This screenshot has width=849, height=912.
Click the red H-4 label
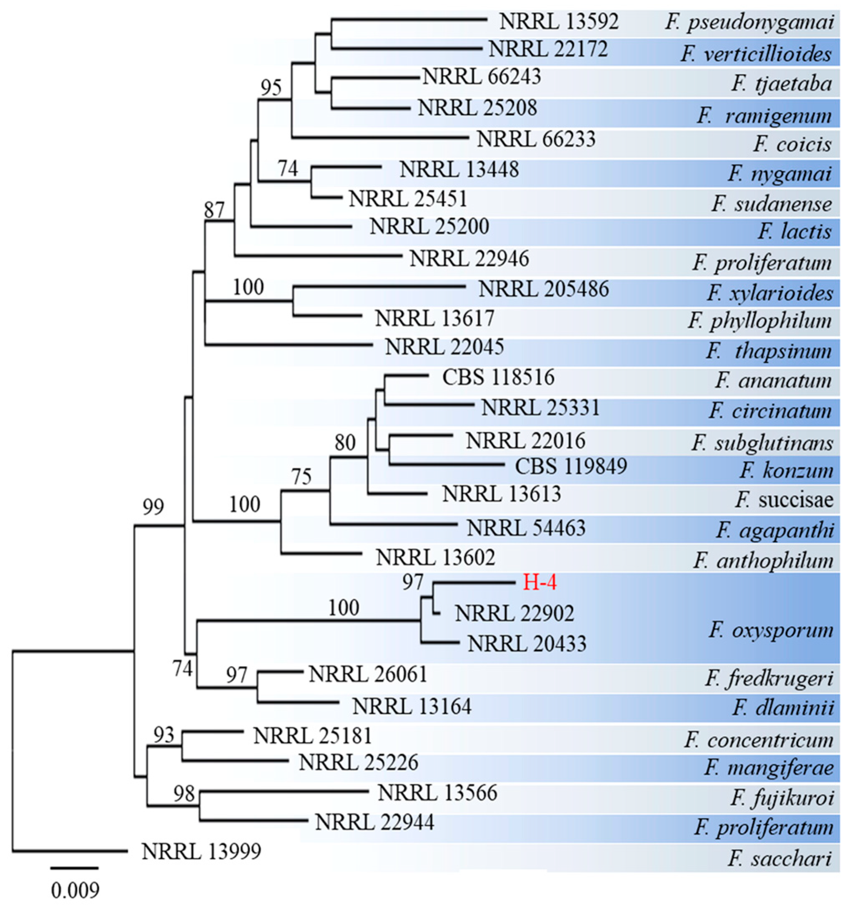pyautogui.click(x=539, y=583)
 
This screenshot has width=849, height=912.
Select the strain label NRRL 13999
pyautogui.click(x=201, y=852)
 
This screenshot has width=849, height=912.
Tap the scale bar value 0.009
pyautogui.click(x=75, y=890)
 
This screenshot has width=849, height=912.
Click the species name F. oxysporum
pyautogui.click(x=771, y=630)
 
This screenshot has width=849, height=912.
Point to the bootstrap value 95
pyautogui.click(x=271, y=87)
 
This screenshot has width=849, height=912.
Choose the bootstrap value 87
pyautogui.click(x=215, y=210)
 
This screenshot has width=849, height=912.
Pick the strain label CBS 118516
pyautogui.click(x=498, y=378)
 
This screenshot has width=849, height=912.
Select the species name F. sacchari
pyautogui.click(x=779, y=857)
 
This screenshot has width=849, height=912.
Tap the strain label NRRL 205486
pyautogui.click(x=543, y=289)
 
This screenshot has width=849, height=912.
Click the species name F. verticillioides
pyautogui.click(x=756, y=54)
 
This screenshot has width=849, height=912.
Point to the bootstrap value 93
pyautogui.click(x=164, y=735)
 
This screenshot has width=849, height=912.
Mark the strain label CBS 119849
pyautogui.click(x=570, y=466)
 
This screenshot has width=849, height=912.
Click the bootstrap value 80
pyautogui.click(x=345, y=443)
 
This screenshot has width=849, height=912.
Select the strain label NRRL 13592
pyautogui.click(x=559, y=21)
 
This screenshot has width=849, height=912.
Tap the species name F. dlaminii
pyautogui.click(x=782, y=707)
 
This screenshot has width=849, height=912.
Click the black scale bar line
pyautogui.click(x=74, y=868)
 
